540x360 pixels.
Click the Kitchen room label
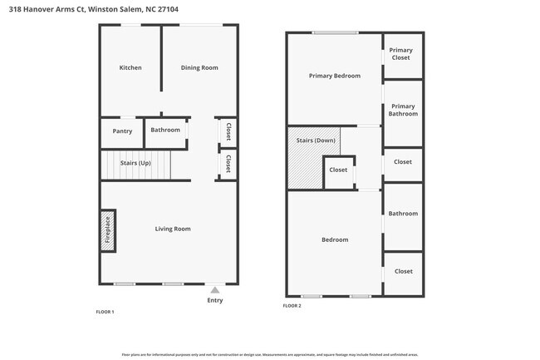point(130,67)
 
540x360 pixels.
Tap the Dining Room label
point(199,67)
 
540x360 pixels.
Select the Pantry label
point(122,131)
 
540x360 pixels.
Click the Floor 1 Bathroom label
point(165,130)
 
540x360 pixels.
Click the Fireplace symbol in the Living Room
point(107,231)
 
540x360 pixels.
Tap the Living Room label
point(173,229)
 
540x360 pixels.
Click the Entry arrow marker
point(215,290)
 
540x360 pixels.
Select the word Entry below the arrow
point(215,300)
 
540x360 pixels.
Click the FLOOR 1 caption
point(106,311)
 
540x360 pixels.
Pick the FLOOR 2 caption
point(292,306)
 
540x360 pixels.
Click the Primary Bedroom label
point(335,76)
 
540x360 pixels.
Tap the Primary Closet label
point(401,54)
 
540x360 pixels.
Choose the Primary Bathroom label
point(403,110)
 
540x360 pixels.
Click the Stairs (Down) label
point(316,140)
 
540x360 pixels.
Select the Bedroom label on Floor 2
point(335,239)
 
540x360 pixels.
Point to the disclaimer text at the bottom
point(270,353)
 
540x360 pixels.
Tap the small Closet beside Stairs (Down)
point(338,170)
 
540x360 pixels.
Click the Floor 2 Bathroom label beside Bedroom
point(403,214)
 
